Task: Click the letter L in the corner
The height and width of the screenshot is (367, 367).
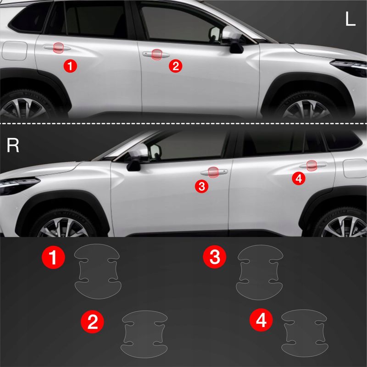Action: pos(350,18)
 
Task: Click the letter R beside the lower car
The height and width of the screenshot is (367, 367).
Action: pos(13,145)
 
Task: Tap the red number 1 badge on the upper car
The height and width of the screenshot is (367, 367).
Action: pos(70,66)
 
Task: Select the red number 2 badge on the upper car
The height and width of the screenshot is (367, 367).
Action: pos(176,66)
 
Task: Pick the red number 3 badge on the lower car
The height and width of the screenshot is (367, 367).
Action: pos(201,187)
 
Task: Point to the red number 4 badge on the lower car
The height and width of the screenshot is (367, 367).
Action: pos(299,178)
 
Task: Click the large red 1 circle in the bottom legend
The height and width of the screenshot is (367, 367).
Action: pos(53,257)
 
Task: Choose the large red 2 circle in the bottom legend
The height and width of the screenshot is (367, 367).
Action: pos(93,322)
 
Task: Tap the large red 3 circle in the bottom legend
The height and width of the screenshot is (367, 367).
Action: pos(215,256)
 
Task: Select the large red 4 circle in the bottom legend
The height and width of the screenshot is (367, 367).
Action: pos(261,320)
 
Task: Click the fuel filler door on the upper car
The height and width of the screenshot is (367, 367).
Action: pos(15,50)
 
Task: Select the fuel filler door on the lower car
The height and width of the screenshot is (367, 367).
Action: pos(355,168)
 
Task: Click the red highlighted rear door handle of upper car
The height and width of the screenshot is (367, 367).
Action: pos(58,48)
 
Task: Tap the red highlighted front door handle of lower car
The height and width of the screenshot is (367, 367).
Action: pos(213,172)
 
